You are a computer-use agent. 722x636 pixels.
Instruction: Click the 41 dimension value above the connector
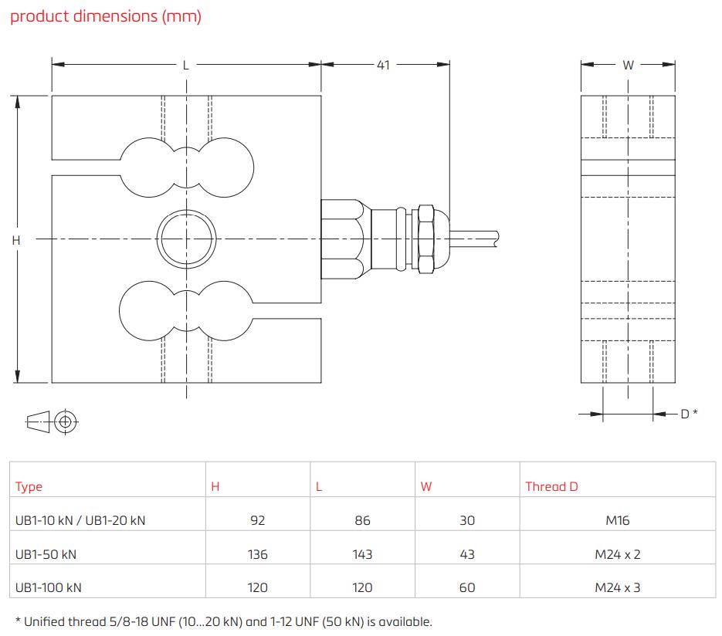[383, 65]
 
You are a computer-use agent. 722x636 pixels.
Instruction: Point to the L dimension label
[185, 66]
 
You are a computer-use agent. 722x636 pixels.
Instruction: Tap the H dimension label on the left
[15, 240]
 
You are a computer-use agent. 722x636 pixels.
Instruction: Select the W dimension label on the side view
[628, 66]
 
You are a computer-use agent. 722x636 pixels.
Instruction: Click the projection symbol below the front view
[53, 421]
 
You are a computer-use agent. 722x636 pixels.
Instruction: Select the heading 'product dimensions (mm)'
[105, 17]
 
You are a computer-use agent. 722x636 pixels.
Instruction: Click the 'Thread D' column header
[551, 486]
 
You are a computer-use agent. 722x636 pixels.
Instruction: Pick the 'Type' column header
[29, 486]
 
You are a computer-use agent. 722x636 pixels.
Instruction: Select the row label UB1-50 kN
[46, 554]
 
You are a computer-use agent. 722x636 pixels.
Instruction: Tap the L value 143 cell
[362, 554]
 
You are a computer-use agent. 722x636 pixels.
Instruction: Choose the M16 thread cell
[618, 520]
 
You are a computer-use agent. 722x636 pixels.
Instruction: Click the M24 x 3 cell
[618, 587]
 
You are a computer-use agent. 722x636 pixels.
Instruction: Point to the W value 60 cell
[467, 587]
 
